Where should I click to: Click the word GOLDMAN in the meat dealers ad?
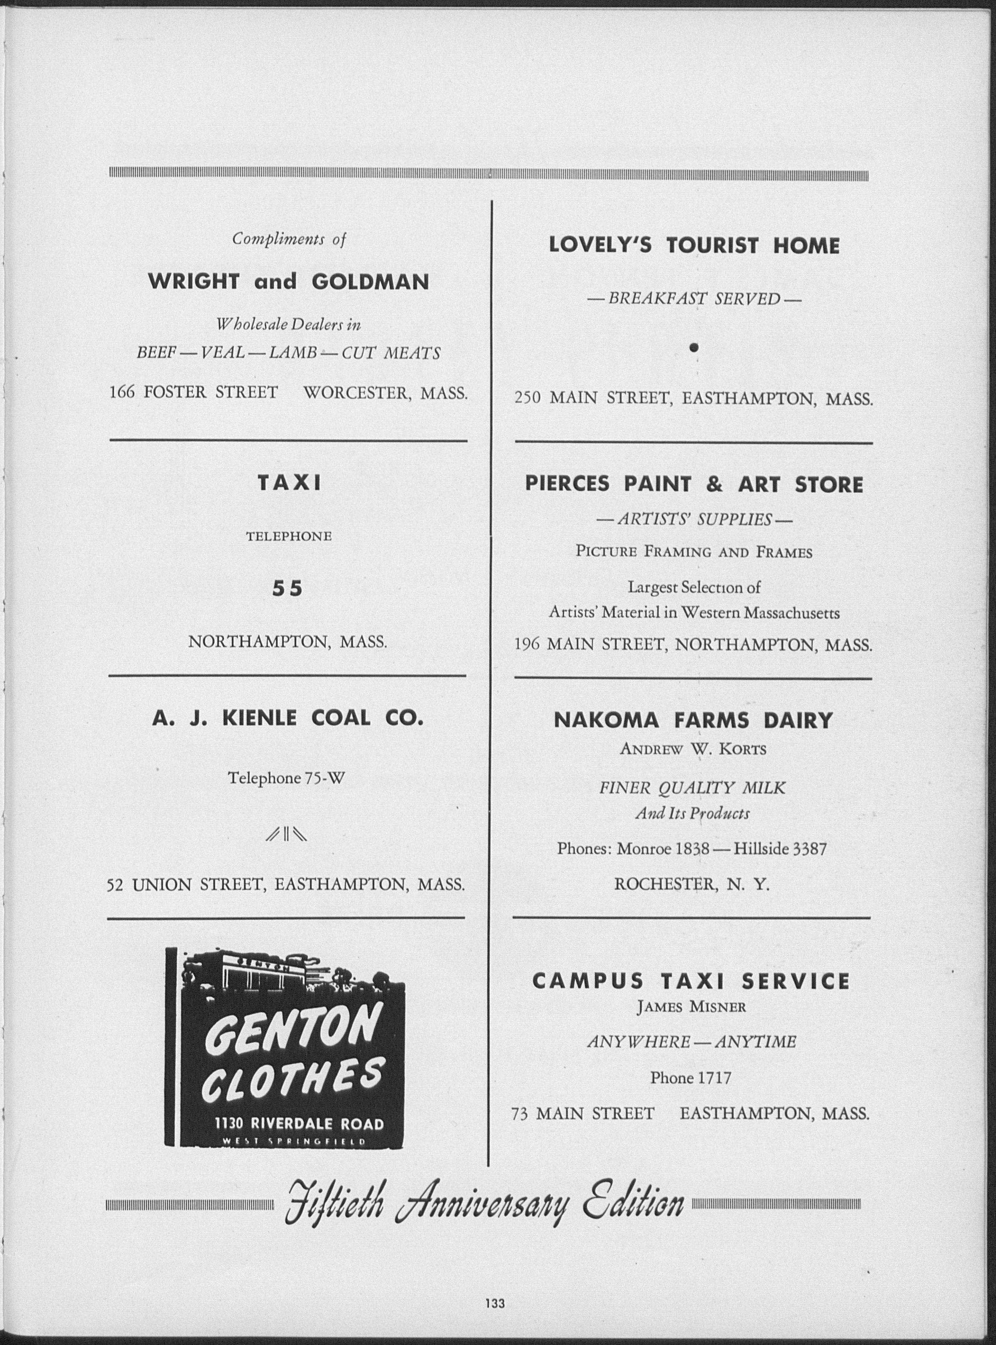tap(370, 282)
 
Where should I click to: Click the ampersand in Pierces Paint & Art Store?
tap(714, 485)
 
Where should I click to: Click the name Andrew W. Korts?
tap(693, 750)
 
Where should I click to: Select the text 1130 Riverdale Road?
tap(299, 1124)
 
